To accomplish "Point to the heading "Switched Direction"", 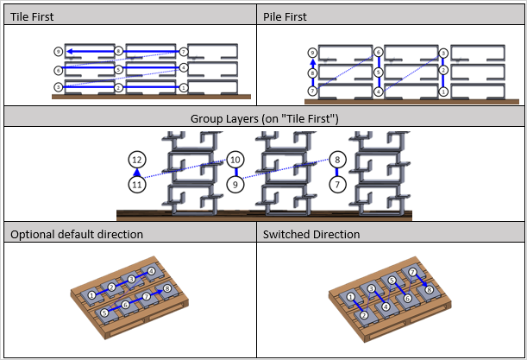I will click(x=310, y=234).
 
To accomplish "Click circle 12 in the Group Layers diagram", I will click(x=136, y=160).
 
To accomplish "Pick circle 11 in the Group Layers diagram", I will click(x=136, y=185).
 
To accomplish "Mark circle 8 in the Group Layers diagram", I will click(x=338, y=160).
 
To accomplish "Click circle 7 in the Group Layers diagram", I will click(x=338, y=184).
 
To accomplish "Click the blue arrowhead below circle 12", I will click(x=136, y=173).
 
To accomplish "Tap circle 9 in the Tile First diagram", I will click(x=58, y=52).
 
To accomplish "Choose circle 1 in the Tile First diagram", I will click(x=183, y=87).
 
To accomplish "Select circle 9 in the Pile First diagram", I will click(x=311, y=53).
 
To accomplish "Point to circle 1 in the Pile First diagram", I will click(x=442, y=90).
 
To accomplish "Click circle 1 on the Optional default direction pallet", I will click(x=92, y=296).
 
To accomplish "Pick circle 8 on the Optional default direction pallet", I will click(x=167, y=287).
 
